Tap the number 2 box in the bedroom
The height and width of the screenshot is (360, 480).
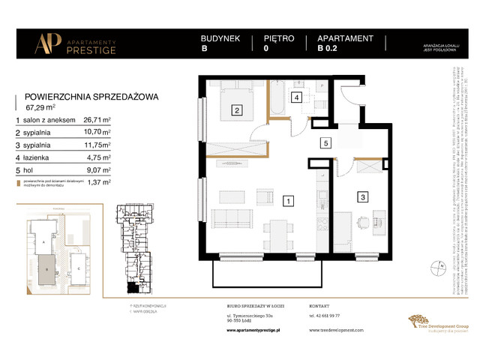(237, 111)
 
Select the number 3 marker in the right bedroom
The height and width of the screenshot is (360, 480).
(362, 197)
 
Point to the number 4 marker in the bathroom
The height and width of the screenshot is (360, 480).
(298, 97)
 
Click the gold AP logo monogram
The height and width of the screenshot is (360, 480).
(46, 43)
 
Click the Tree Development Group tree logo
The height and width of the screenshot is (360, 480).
(416, 322)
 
